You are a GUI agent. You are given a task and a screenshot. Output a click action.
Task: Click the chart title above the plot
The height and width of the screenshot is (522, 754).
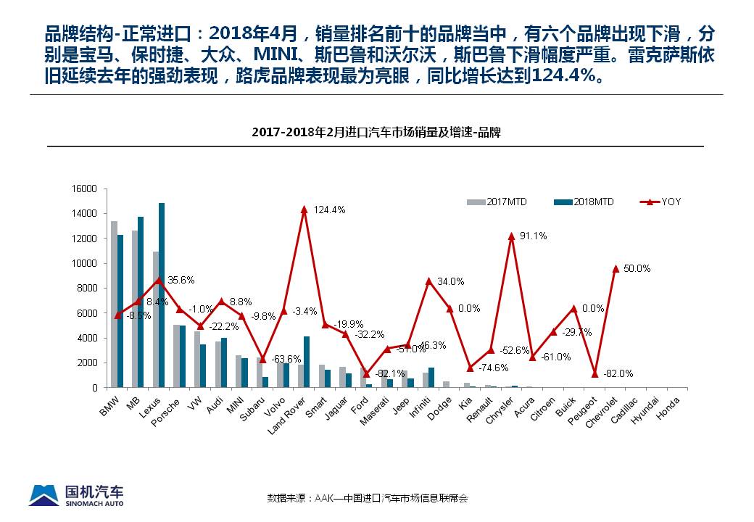point(376,133)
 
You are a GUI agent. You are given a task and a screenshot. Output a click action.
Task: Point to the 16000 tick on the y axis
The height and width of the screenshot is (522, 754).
point(85,188)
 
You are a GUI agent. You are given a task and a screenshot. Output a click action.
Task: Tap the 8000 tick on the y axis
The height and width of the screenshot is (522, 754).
point(87,288)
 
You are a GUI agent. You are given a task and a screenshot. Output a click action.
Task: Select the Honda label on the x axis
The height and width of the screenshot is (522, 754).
point(669,403)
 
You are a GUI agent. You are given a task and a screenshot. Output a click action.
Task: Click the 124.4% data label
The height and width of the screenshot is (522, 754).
point(329,210)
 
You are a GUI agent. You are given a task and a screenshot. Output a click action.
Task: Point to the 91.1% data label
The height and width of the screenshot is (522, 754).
point(531,236)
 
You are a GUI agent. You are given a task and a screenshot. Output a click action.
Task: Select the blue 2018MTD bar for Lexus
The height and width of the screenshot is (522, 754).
point(162,295)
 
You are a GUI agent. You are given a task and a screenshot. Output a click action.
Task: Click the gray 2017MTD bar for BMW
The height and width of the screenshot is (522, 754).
point(114,304)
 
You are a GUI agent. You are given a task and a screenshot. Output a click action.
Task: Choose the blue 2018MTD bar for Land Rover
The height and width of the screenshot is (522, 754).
point(307,362)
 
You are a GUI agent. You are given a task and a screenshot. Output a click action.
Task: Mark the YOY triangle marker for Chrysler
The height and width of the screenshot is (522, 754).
point(512,236)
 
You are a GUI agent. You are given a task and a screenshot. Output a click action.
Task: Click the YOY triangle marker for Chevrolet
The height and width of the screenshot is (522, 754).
point(616,268)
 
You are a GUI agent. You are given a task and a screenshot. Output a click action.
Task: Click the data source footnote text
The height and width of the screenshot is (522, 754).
point(368,498)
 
